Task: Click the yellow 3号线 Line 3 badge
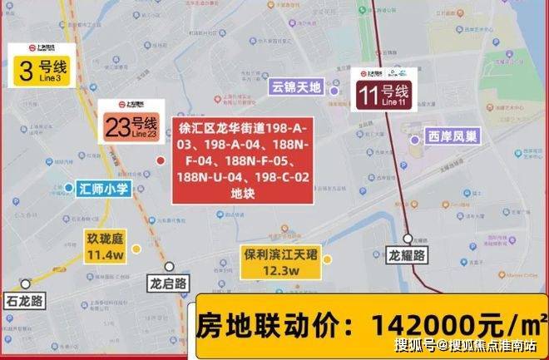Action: point(40,66)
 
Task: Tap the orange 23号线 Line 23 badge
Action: point(131,122)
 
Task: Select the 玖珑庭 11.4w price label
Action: point(106,247)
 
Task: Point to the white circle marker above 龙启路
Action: point(169,267)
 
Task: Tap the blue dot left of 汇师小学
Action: point(68,189)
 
